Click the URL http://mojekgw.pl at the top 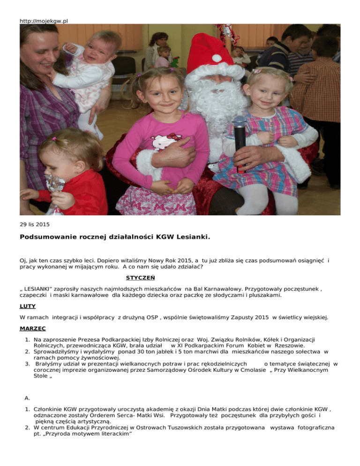coord(44,21)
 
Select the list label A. coord(28,384)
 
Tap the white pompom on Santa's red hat coord(217,59)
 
